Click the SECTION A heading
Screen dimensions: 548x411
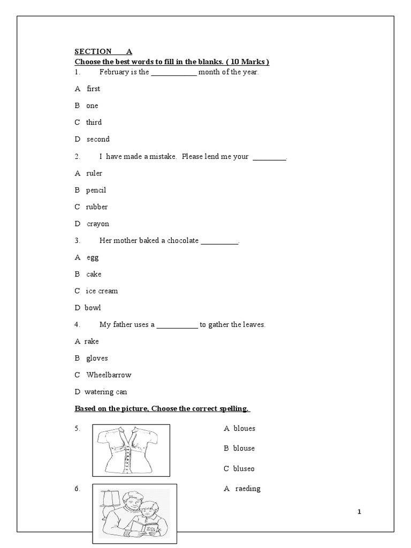103,52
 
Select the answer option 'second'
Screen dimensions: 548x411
98,139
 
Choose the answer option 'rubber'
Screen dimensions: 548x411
97,207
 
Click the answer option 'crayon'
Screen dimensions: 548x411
97,224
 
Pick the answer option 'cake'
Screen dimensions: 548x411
94,274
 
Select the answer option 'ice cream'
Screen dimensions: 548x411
102,291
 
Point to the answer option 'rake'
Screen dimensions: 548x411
92,341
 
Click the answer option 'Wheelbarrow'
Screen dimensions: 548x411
109,375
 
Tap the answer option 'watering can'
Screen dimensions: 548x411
105,392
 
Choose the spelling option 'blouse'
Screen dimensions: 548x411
243,448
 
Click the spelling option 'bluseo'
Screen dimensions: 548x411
243,469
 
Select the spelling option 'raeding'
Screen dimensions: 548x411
248,489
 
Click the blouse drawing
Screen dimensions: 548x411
131,450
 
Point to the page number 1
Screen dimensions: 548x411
360,512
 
